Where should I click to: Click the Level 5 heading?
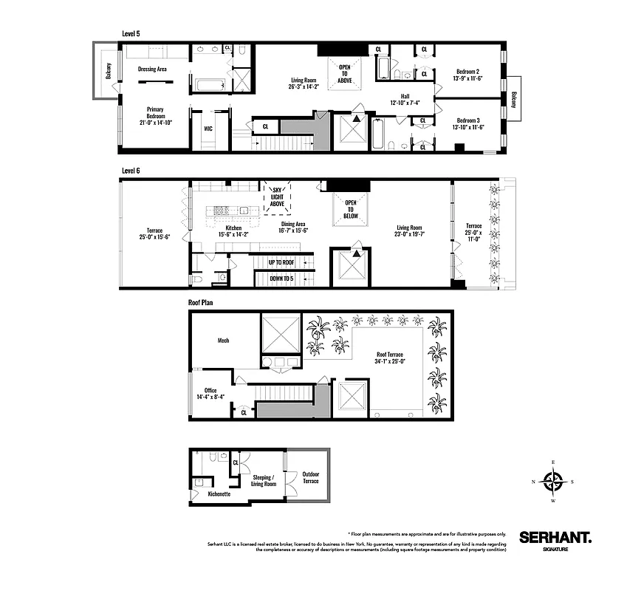pyautogui.click(x=131, y=33)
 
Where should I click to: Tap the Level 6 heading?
pyautogui.click(x=131, y=170)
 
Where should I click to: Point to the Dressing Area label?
pyautogui.click(x=152, y=69)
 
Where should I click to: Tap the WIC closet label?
pyautogui.click(x=208, y=128)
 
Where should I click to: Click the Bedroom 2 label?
pyautogui.click(x=467, y=75)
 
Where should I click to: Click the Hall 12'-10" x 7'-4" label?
pyautogui.click(x=405, y=99)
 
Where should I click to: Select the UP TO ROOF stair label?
pyautogui.click(x=281, y=262)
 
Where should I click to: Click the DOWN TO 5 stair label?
pyautogui.click(x=281, y=279)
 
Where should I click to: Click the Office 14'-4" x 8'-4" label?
pyautogui.click(x=210, y=393)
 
